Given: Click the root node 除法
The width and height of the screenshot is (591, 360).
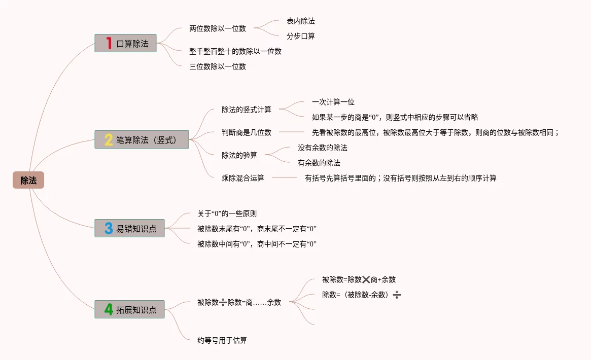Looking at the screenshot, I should coord(28,180).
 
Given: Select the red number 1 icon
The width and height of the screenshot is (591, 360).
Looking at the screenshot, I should coord(109,43).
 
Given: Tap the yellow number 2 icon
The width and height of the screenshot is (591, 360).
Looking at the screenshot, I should coord(109,139).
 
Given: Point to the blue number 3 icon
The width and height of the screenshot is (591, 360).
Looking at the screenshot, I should coord(109,228).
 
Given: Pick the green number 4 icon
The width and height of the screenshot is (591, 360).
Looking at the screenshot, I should coord(109,309).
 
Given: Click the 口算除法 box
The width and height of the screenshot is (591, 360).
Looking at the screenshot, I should coord(125,43).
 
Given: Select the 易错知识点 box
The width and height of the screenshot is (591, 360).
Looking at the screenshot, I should coord(129,228).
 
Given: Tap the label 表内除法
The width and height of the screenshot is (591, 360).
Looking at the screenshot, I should coord(300,21).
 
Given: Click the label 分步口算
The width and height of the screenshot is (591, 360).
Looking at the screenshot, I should coord(300,36).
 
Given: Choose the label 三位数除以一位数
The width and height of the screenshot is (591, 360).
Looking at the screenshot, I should coord(218,66).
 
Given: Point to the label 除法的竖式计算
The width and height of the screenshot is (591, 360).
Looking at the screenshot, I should coord(247,110).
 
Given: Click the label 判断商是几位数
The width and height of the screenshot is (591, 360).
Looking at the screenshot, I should coord(247,132).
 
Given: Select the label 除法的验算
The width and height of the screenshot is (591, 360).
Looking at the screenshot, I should coord(239,155).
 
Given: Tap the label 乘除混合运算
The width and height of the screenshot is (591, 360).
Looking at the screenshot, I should coord(243,178).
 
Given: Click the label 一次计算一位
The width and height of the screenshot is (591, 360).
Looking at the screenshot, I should coord(333,102).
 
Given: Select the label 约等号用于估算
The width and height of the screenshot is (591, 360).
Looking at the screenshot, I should coord(222,340).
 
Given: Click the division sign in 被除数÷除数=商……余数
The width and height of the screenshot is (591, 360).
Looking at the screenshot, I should coord(223,302).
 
